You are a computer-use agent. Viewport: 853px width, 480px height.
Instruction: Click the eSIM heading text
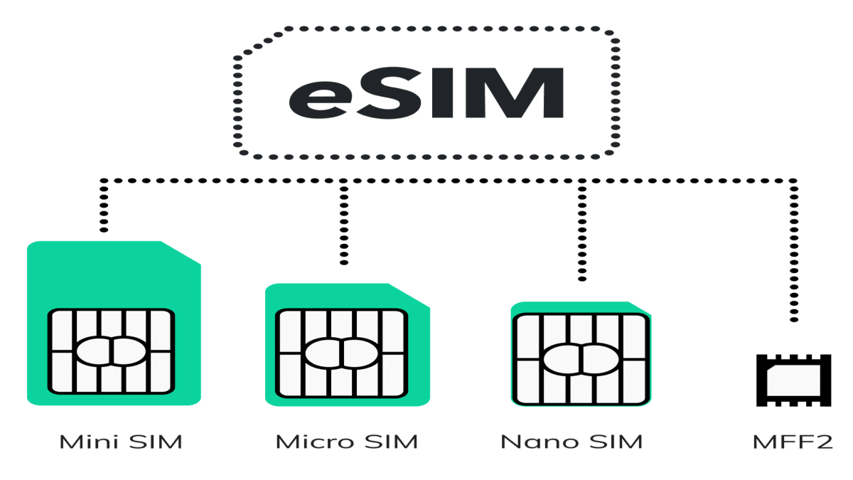tap(426, 92)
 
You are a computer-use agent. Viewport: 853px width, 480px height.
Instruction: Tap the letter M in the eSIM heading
tap(514, 92)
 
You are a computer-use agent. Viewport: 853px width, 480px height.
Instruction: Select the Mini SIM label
tap(121, 442)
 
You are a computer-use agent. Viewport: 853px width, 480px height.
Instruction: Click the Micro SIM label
tap(347, 442)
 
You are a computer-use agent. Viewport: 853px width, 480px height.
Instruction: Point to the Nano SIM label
tap(572, 442)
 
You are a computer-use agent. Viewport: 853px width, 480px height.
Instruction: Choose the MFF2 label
tap(793, 442)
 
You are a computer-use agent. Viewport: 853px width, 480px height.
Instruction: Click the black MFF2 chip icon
tap(793, 380)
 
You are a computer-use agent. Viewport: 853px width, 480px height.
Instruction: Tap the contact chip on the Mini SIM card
tap(111, 351)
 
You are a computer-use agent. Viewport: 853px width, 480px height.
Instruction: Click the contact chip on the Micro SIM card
tap(342, 353)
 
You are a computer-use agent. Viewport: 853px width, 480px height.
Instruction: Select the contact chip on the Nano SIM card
tap(581, 359)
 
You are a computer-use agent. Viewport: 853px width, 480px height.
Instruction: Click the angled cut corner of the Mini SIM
tap(181, 252)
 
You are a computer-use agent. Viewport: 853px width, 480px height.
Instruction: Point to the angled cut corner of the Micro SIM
tap(409, 295)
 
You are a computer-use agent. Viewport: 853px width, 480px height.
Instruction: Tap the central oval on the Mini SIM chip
tap(111, 351)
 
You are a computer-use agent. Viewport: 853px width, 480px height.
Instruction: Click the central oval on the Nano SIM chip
tap(581, 359)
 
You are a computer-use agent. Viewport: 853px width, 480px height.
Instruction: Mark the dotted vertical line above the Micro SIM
tap(344, 222)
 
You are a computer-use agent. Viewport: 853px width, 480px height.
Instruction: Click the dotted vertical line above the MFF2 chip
tap(793, 250)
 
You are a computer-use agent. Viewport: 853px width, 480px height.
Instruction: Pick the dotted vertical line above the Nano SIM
tap(582, 230)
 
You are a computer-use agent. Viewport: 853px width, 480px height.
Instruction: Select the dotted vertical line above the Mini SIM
tap(104, 206)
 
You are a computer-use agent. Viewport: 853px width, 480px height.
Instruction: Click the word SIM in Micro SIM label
tap(391, 442)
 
